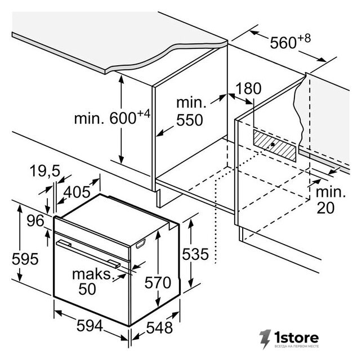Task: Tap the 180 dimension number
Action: point(248,88)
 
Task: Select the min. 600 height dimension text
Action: point(112,118)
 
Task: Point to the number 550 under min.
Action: point(190,120)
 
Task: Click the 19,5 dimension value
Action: point(45,171)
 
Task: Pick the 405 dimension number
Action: point(77,192)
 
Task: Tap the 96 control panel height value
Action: point(35,220)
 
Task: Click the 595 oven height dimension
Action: point(25,259)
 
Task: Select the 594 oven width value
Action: point(90,326)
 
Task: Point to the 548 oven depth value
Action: point(159,327)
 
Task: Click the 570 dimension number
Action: point(158,282)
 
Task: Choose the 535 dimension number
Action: point(195,254)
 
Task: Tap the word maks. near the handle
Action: point(93,274)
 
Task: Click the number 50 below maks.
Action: point(87,289)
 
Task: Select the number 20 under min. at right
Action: point(325,208)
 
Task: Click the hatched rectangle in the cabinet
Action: point(275,145)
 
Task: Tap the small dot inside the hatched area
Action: point(272,145)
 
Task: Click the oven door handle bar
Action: point(88,254)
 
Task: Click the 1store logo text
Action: point(297,337)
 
